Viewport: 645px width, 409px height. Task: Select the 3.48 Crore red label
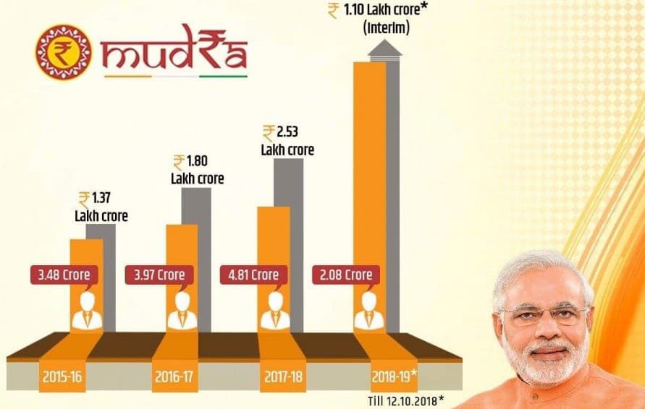click(65, 275)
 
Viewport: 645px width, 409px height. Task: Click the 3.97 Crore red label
click(159, 275)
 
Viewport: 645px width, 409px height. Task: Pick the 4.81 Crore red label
click(253, 275)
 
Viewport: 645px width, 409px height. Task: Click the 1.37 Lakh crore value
click(101, 207)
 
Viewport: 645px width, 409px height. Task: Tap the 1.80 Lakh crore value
click(197, 169)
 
